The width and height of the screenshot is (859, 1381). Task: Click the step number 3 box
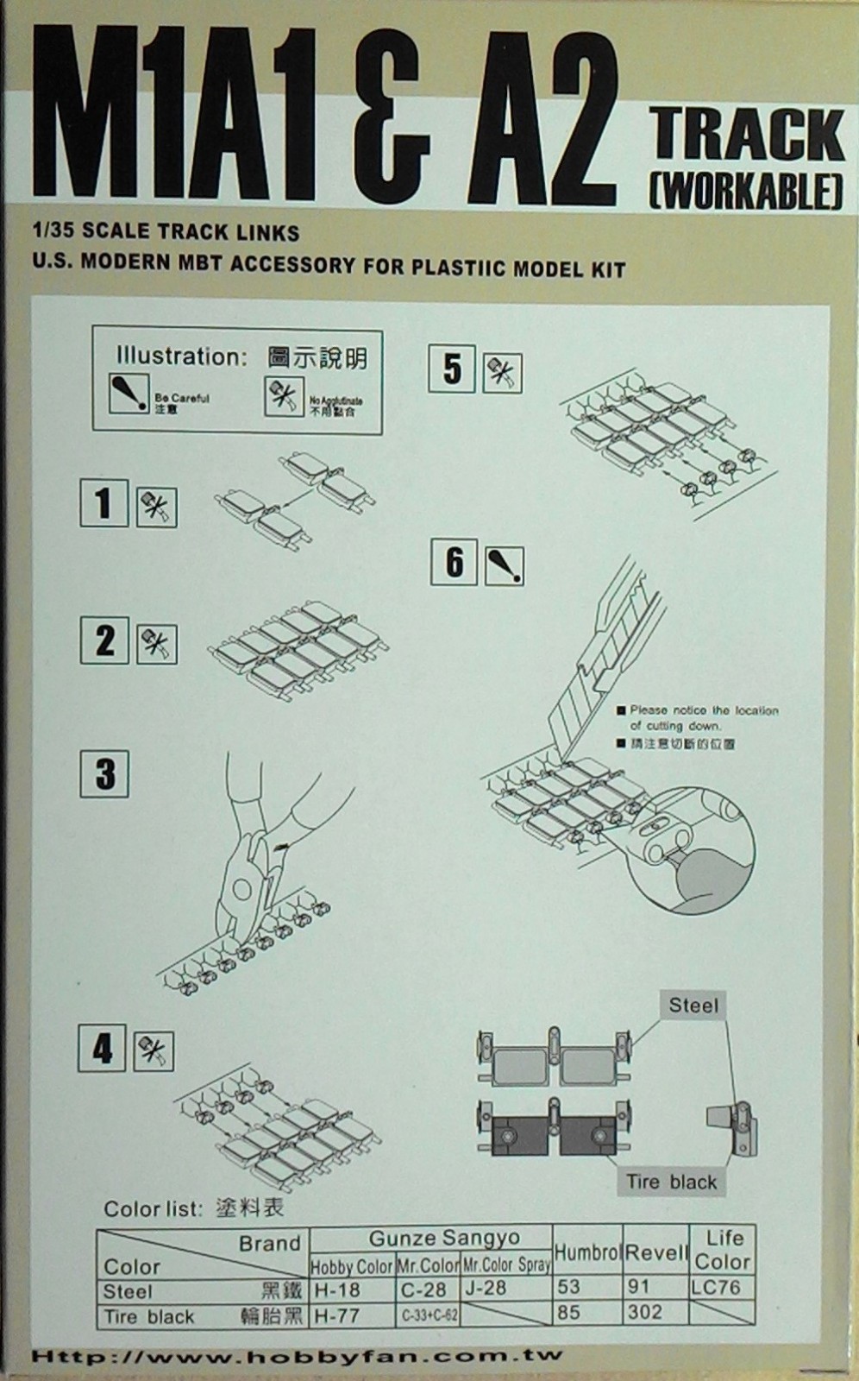[104, 773]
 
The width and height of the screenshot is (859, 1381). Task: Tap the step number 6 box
[454, 562]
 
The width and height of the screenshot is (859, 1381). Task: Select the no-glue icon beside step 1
[156, 507]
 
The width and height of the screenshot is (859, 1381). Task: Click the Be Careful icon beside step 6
[504, 565]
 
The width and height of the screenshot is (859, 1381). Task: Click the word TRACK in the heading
[748, 136]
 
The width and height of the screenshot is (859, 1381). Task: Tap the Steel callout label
[693, 1006]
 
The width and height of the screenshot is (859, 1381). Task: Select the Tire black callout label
[671, 1182]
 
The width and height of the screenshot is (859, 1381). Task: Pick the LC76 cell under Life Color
[716, 1287]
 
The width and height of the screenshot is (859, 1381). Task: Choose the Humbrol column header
[587, 1252]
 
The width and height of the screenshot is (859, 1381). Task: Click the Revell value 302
[646, 1312]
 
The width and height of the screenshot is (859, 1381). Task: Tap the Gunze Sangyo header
[444, 1238]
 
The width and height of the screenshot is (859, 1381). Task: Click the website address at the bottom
[297, 1357]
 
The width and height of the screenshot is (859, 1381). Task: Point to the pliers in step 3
[259, 854]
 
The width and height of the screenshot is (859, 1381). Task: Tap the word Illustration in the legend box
[181, 356]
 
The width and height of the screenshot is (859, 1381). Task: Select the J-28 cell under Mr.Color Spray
[484, 1288]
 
